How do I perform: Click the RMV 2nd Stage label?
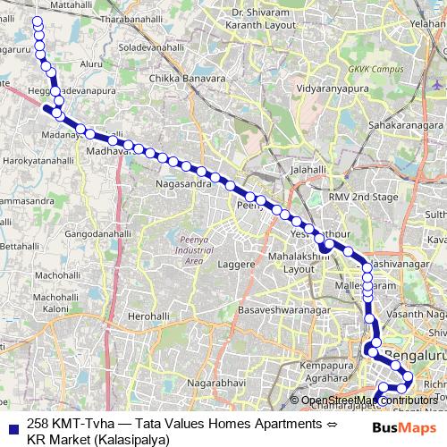click(x=361, y=196)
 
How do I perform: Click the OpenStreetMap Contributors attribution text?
click(x=368, y=401)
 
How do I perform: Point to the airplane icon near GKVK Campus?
click(x=436, y=83)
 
